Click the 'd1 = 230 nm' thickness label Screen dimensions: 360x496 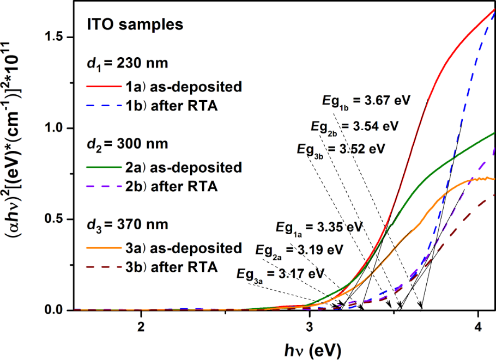(x=123, y=64)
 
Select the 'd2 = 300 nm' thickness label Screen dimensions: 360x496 (x=123, y=145)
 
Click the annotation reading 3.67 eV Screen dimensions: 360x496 (x=366, y=101)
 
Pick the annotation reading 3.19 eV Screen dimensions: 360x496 (x=300, y=251)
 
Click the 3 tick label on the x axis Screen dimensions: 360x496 (x=310, y=328)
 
